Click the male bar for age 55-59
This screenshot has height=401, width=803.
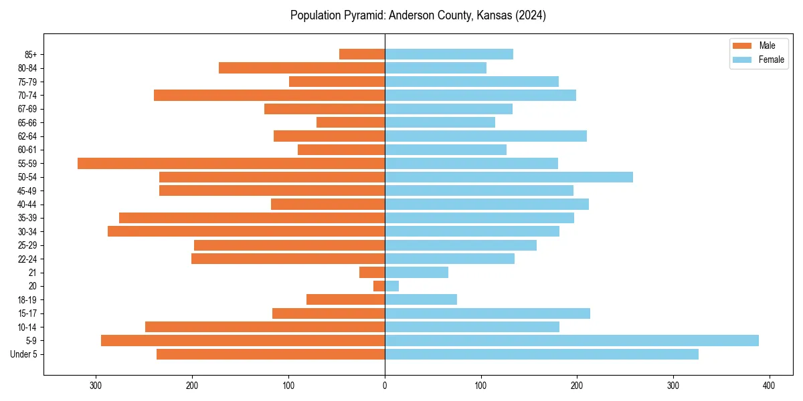[231, 163]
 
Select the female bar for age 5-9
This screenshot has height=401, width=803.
[571, 340]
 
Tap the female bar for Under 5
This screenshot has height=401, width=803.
[541, 354]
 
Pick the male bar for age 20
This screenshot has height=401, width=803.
[379, 286]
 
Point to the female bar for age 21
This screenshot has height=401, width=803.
[416, 272]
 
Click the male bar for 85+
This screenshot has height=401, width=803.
[362, 54]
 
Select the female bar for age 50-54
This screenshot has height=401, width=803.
[509, 177]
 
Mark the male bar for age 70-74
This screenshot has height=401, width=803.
[269, 95]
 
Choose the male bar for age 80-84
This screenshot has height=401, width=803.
[302, 68]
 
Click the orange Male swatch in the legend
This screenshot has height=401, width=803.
[743, 45]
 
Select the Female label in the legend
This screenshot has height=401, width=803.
[772, 59]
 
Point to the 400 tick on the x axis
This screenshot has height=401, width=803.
[769, 386]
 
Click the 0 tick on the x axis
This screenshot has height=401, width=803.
[385, 386]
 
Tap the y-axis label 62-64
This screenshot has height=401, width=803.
[27, 136]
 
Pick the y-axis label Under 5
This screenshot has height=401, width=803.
[24, 354]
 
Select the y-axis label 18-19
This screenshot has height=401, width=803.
[27, 299]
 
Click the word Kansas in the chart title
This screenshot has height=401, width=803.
[495, 15]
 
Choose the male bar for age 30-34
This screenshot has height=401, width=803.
[246, 231]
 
